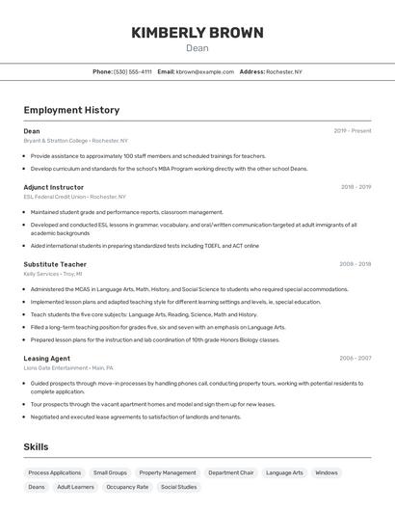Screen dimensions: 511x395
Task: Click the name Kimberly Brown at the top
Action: [x=197, y=33]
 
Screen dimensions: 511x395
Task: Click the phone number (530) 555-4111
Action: [x=133, y=71]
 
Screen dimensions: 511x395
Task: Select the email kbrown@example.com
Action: [x=205, y=71]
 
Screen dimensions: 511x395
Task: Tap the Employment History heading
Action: [x=71, y=110]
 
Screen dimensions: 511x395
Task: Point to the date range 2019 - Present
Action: [x=353, y=131]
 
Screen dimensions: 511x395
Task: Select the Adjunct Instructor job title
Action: [x=54, y=187]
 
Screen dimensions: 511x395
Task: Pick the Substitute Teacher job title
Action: [x=55, y=264]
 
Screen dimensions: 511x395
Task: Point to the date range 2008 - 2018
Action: [x=355, y=264]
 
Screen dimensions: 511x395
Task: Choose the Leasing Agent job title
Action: [x=47, y=358]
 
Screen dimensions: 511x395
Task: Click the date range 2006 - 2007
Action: [x=355, y=358]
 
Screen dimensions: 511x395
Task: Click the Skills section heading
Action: [x=37, y=447]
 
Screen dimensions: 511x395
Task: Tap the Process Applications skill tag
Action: [x=55, y=472]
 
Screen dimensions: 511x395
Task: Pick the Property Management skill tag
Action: [x=168, y=472]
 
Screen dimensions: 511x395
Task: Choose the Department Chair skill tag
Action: [x=231, y=472]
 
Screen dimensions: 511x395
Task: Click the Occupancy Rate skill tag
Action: [x=127, y=487]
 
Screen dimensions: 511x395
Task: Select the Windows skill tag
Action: [x=327, y=472]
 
